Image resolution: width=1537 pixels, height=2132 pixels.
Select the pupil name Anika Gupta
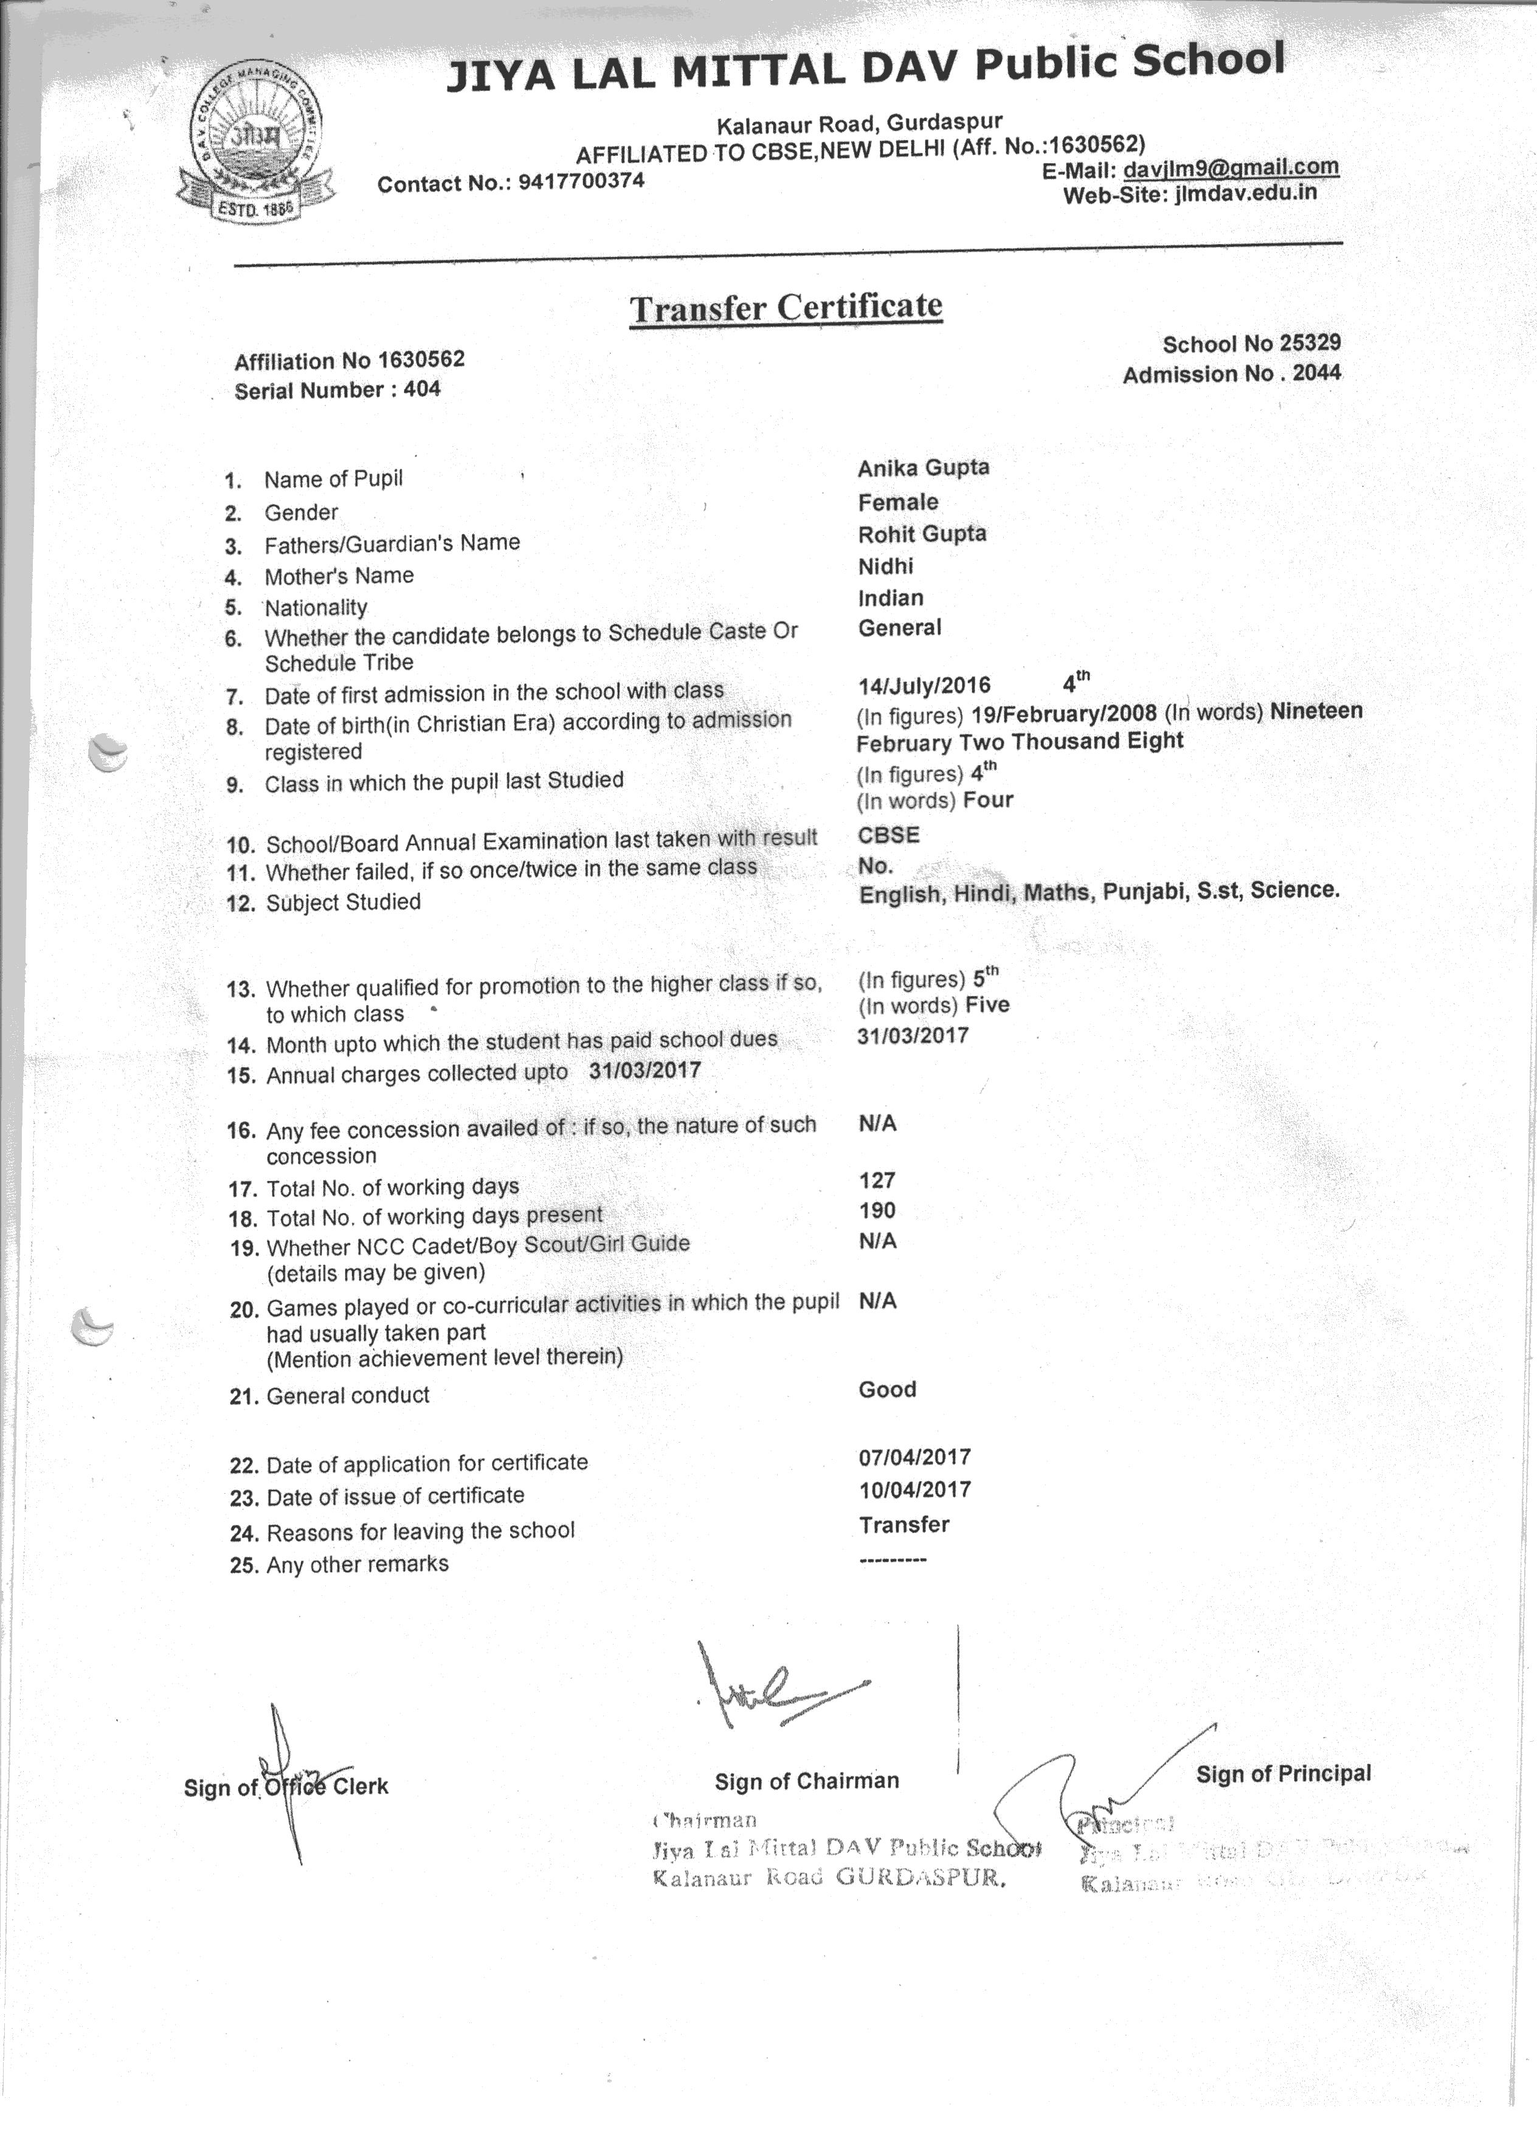(923, 468)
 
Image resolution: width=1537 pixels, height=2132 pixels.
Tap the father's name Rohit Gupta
(921, 534)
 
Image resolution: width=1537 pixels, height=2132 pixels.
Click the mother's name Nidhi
(885, 566)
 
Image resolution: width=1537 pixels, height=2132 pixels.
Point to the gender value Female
(898, 502)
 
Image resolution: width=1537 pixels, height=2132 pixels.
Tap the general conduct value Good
(886, 1389)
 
